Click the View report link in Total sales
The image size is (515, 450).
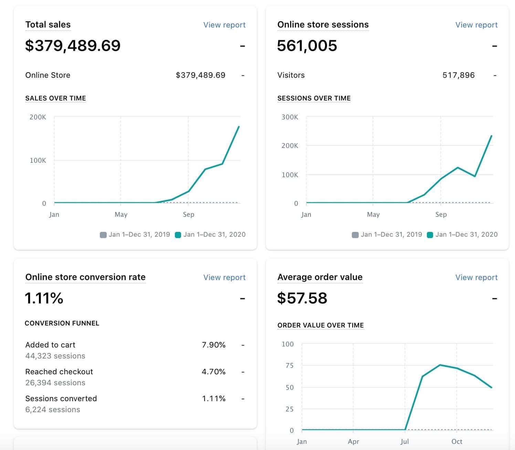(x=224, y=25)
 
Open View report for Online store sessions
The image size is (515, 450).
(x=476, y=25)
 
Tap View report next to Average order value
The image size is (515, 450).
(x=476, y=277)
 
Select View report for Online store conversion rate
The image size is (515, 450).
(x=224, y=277)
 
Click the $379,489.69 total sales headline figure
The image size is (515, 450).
(x=73, y=46)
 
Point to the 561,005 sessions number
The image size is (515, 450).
(x=307, y=46)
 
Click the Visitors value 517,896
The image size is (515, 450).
(x=458, y=75)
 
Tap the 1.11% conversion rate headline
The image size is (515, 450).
(x=44, y=298)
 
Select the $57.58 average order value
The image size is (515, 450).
(x=302, y=298)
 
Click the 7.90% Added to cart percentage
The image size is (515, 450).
(x=213, y=345)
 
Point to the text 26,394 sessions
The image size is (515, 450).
(x=55, y=383)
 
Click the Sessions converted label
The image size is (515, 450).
(x=61, y=398)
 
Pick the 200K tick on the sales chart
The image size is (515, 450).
(x=38, y=117)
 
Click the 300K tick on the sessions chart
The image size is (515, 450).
(x=290, y=117)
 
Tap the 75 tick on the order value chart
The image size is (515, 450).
(x=290, y=365)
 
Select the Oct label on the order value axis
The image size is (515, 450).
(x=456, y=441)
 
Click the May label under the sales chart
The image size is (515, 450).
(x=121, y=214)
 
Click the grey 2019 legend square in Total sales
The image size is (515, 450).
(x=103, y=235)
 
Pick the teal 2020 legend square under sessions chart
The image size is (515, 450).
(x=430, y=235)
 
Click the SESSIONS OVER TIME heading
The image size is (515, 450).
(x=314, y=98)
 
